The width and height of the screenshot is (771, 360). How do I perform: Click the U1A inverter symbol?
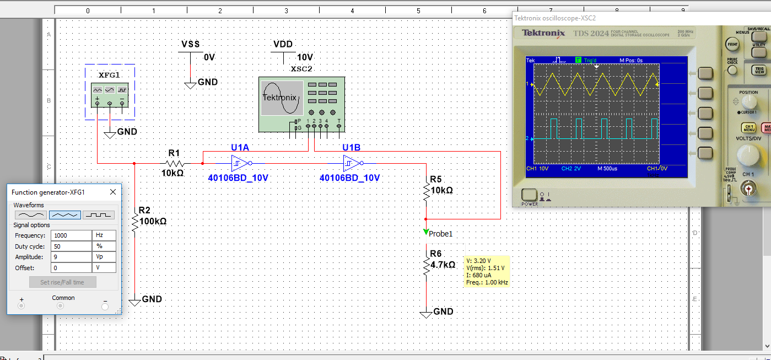(x=241, y=163)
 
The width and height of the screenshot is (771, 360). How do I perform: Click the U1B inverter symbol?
(x=352, y=163)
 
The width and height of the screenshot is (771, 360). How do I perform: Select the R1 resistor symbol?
(x=175, y=163)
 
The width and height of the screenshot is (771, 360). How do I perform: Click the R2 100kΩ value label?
(x=153, y=221)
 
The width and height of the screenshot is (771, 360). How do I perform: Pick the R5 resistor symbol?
(x=426, y=191)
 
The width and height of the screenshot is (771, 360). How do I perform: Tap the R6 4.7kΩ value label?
(x=443, y=265)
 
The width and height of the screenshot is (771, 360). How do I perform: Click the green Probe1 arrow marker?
(x=425, y=232)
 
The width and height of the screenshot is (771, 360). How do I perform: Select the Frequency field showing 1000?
(x=71, y=235)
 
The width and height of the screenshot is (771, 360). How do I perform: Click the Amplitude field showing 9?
(x=71, y=257)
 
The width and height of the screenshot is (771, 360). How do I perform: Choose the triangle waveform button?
(x=65, y=215)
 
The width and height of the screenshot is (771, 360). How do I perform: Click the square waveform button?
(x=99, y=215)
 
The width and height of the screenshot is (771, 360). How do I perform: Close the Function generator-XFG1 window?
(x=113, y=192)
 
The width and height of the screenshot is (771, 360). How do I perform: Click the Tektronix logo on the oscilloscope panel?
(x=543, y=33)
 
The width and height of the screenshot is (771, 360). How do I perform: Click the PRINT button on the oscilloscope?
(x=732, y=44)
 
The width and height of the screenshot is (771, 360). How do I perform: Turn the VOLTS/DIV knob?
(x=748, y=154)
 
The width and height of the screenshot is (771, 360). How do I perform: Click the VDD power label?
(x=283, y=44)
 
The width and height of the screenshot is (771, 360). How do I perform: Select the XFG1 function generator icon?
(x=110, y=92)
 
